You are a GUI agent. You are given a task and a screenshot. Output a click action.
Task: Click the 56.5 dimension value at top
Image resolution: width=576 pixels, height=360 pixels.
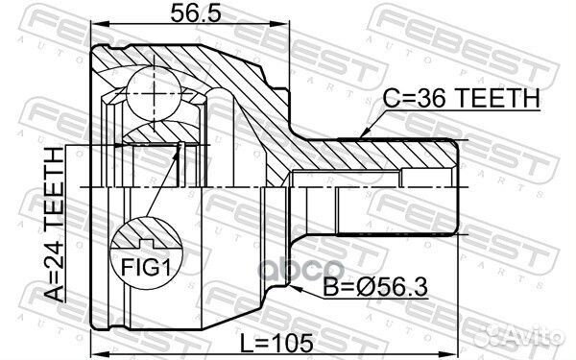click(196, 13)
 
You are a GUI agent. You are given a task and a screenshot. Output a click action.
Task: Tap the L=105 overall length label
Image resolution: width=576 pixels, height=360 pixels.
click(276, 343)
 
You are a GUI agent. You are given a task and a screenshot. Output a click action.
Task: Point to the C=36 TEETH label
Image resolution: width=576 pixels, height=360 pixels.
click(461, 98)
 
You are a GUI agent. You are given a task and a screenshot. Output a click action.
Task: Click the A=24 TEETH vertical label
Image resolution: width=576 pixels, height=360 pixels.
click(54, 224)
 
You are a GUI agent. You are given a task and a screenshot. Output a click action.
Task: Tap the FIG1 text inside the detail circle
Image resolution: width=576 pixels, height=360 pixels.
click(146, 268)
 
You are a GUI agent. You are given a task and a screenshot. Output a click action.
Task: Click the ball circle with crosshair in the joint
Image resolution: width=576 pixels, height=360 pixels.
click(154, 93)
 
